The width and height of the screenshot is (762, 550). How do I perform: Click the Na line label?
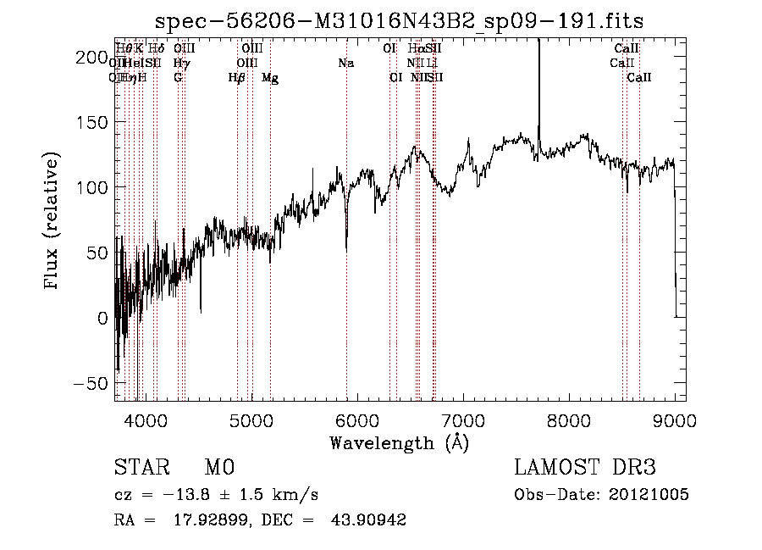pyautogui.click(x=345, y=63)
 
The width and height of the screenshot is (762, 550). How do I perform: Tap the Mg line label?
pyautogui.click(x=270, y=78)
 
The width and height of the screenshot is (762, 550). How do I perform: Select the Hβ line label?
pyautogui.click(x=237, y=78)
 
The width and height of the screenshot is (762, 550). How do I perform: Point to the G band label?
pyautogui.click(x=178, y=78)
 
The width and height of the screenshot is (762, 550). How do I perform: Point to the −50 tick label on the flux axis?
pyautogui.click(x=91, y=383)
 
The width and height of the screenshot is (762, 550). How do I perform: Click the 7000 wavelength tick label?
pyautogui.click(x=463, y=419)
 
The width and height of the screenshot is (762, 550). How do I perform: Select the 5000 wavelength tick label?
pyautogui.click(x=251, y=419)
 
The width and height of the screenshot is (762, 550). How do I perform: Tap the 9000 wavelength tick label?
pyautogui.click(x=675, y=419)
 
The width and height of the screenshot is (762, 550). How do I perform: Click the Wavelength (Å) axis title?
pyautogui.click(x=399, y=442)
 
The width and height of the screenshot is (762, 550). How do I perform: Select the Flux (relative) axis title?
pyautogui.click(x=52, y=220)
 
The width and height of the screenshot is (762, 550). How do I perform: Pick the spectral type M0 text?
pyautogui.click(x=218, y=468)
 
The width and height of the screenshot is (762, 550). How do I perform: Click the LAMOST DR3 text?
pyautogui.click(x=584, y=468)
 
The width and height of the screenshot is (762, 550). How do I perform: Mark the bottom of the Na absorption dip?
pyautogui.click(x=346, y=251)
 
